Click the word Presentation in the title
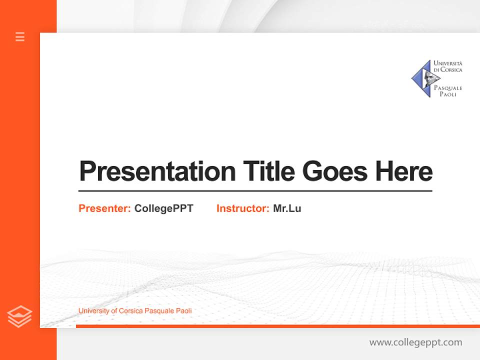(x=157, y=171)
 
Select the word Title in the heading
(x=269, y=171)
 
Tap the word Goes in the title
(x=335, y=171)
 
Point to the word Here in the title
(x=403, y=171)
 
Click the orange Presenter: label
(x=104, y=208)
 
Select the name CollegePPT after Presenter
(x=163, y=208)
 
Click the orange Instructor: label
(x=242, y=208)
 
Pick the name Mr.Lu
(x=287, y=208)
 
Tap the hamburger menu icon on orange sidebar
(x=20, y=36)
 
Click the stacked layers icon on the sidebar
(x=19, y=316)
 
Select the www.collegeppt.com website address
(x=415, y=342)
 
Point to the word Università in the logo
(x=448, y=63)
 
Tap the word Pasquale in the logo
(x=448, y=88)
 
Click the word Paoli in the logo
(x=448, y=94)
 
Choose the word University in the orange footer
(x=94, y=311)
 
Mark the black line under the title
(x=255, y=191)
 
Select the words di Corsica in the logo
(x=448, y=70)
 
